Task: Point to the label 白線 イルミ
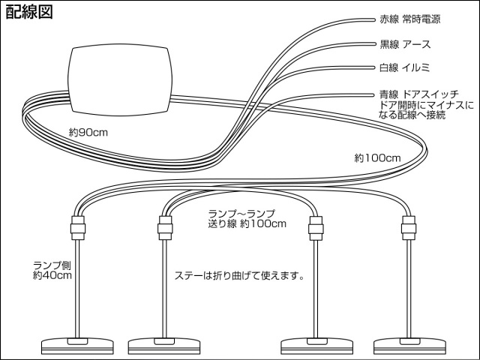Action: tap(409, 68)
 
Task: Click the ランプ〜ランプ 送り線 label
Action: tap(247, 218)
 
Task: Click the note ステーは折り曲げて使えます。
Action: tap(238, 275)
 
